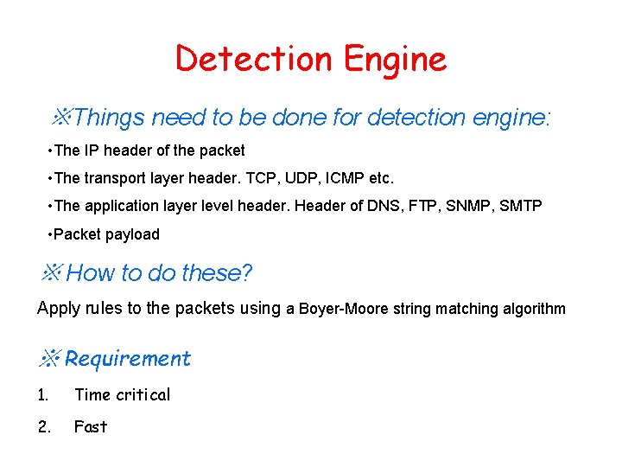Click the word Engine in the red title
[x=395, y=60]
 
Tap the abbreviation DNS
[x=369, y=207]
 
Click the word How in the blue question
[x=87, y=273]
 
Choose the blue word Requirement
[x=128, y=358]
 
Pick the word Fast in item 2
[x=91, y=426]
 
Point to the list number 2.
[x=44, y=426]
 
